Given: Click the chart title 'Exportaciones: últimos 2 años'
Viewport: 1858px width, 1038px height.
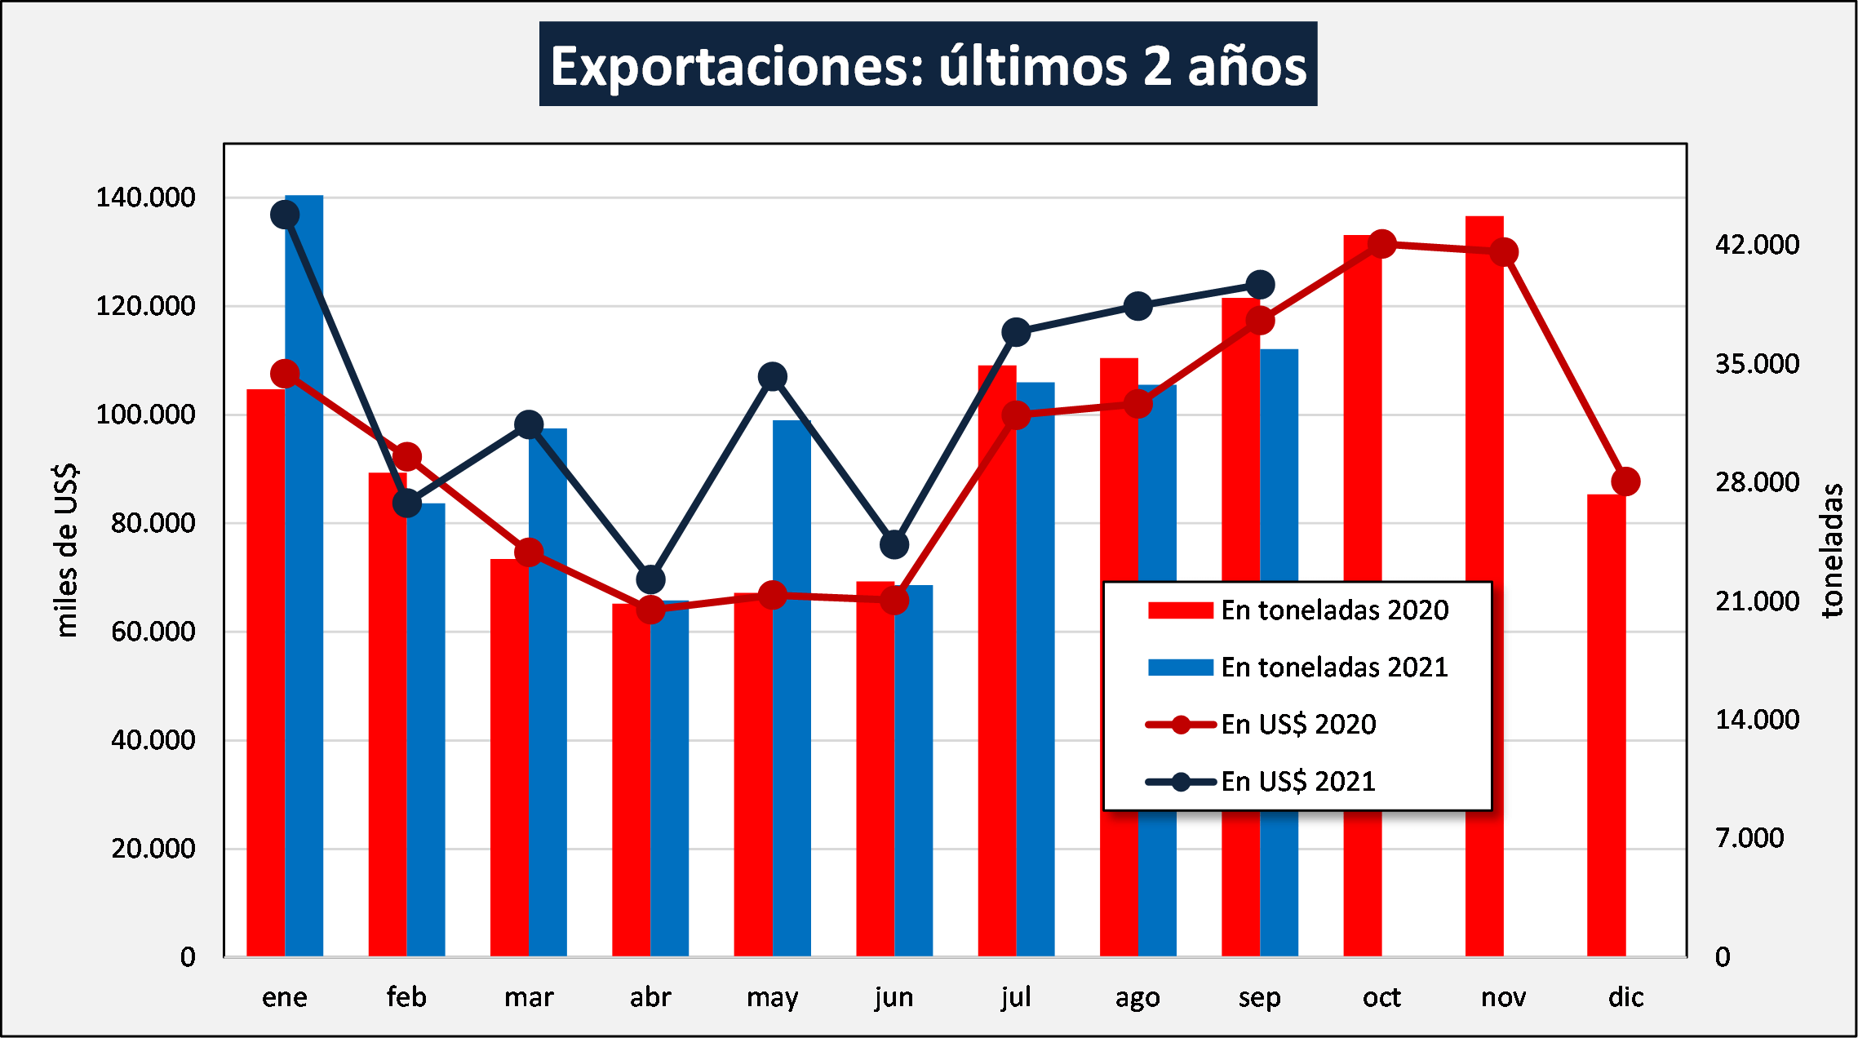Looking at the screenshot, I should coord(928,64).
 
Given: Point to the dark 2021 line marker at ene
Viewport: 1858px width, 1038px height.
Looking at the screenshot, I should coord(285,215).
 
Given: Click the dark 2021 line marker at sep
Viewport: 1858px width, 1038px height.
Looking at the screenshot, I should coord(1260,285).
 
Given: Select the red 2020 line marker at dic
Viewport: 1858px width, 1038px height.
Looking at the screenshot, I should coord(1625,481).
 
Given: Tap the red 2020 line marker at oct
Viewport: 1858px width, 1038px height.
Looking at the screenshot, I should coord(1381,243).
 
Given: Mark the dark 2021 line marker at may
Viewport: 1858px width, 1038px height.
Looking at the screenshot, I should coord(772,376).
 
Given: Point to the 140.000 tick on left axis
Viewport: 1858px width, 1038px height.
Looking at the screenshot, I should coord(145,197).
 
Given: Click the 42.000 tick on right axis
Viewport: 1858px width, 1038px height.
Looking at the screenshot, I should coord(1757,244).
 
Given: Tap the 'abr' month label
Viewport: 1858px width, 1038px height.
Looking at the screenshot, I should coord(650,997).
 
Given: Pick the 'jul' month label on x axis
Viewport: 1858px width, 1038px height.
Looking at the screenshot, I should coord(1016,997).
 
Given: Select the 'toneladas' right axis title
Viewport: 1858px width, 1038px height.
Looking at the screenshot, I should coord(1833,550).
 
